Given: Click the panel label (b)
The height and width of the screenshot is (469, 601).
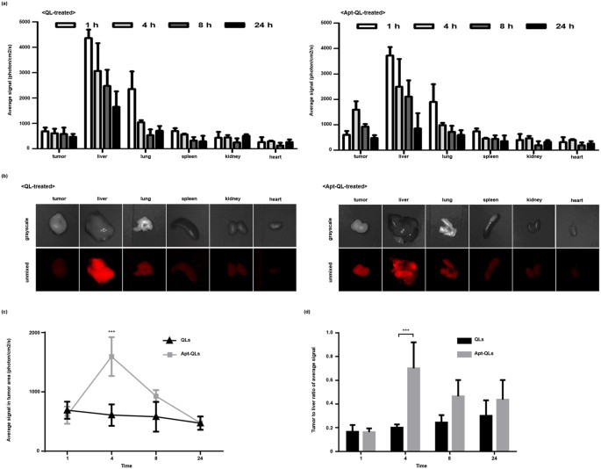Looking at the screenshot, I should point(6,176).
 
